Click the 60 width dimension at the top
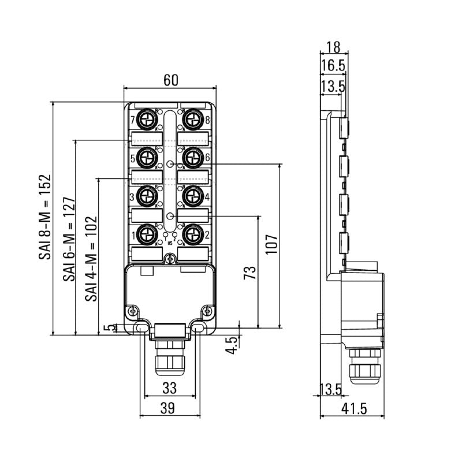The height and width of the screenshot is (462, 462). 170,81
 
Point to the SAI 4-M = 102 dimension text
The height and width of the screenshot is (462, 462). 91,258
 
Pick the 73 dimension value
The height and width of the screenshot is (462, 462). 249,273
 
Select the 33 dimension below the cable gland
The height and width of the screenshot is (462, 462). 169,387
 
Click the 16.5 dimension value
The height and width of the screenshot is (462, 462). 333,66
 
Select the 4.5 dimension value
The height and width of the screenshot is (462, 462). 232,345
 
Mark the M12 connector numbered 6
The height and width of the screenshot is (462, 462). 191,157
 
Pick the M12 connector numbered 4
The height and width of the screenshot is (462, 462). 191,196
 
